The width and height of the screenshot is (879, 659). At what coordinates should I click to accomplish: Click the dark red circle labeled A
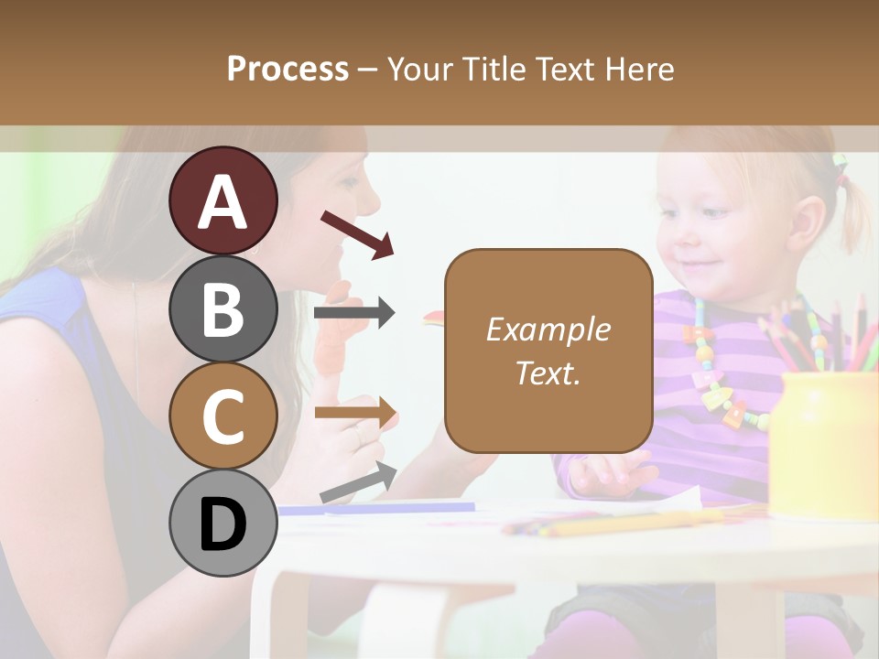[x=223, y=200]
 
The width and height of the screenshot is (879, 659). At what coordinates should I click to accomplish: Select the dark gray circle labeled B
[x=223, y=308]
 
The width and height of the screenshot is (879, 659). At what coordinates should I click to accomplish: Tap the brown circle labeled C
[x=223, y=416]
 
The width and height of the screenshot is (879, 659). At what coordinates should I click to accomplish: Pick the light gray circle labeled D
[x=223, y=524]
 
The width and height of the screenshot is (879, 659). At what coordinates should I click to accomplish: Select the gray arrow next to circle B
[x=354, y=313]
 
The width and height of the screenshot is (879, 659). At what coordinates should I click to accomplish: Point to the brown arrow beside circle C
[x=356, y=413]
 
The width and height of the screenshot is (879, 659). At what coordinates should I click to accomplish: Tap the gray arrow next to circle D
[x=358, y=482]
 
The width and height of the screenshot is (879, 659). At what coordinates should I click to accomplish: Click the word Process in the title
[x=288, y=69]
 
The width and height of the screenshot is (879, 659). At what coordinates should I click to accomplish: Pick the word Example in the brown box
[x=548, y=329]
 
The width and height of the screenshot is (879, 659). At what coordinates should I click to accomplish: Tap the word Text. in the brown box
[x=548, y=373]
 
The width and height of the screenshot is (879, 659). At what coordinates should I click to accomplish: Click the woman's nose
[x=371, y=196]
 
